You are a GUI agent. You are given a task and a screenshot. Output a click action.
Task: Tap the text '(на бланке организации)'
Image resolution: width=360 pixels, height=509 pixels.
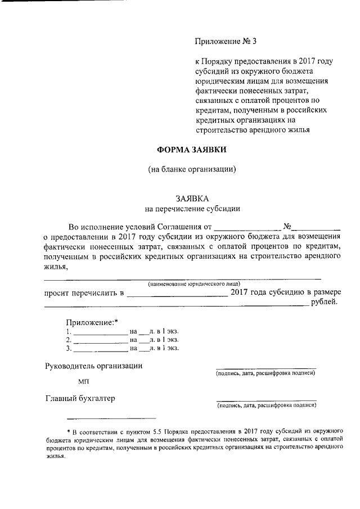(x=192, y=169)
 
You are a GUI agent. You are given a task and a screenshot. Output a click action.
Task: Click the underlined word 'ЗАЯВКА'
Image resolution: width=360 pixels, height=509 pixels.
(x=192, y=199)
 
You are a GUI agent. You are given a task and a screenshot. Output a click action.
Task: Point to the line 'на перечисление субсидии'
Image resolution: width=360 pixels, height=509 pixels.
(x=192, y=209)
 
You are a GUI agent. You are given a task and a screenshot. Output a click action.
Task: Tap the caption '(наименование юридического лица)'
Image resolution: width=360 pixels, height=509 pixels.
(x=194, y=283)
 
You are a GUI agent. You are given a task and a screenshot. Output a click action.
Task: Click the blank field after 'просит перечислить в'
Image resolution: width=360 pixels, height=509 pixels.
(x=178, y=294)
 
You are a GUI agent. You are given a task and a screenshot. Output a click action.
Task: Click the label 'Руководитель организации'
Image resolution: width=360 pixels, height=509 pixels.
(x=93, y=366)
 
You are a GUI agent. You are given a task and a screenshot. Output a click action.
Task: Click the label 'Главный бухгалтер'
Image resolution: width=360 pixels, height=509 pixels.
(x=80, y=399)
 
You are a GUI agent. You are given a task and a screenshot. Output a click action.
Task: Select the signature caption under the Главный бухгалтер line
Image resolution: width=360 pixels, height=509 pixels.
(x=266, y=405)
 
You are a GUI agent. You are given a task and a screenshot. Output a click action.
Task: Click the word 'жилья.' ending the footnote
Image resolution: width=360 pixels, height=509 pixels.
(x=56, y=457)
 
